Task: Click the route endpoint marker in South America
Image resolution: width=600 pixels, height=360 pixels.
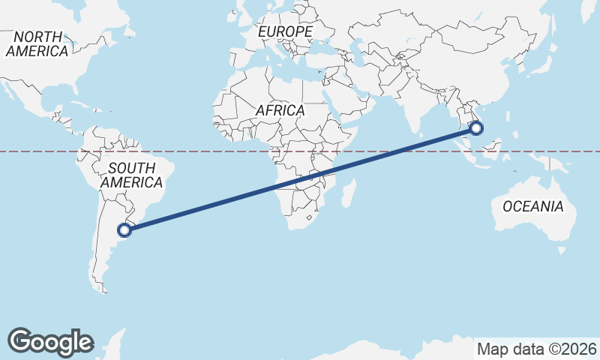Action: tap(125, 229)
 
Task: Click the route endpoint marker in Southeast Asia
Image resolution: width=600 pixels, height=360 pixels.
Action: tap(475, 128)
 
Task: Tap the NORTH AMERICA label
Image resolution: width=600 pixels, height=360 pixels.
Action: tap(37, 44)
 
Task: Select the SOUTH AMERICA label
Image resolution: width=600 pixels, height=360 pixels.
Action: tap(131, 175)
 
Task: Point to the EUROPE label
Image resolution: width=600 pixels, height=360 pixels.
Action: tap(285, 31)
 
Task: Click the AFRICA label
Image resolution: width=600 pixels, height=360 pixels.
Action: tap(280, 110)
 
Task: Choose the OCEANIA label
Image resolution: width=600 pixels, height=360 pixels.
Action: tap(532, 206)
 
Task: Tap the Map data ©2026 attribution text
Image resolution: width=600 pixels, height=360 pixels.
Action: tap(536, 349)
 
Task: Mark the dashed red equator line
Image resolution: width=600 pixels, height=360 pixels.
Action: tap(225, 151)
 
